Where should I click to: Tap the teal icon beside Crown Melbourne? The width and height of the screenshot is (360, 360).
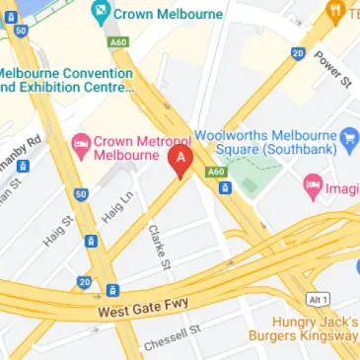click(99, 14)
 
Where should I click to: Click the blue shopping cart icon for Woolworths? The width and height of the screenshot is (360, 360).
click(348, 135)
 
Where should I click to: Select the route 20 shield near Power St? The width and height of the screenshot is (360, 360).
click(298, 53)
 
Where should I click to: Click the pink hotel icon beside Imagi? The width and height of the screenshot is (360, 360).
click(313, 183)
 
